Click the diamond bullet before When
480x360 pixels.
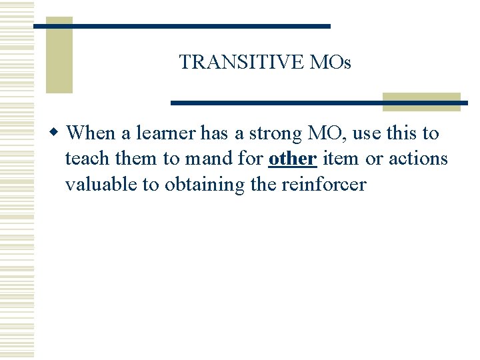57,133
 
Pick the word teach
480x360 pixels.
86,159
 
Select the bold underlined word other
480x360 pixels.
292,159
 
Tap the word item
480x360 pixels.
340,159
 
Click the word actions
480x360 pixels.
418,159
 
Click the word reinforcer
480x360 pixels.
323,185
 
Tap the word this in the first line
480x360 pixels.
402,133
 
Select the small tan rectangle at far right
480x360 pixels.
421,101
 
